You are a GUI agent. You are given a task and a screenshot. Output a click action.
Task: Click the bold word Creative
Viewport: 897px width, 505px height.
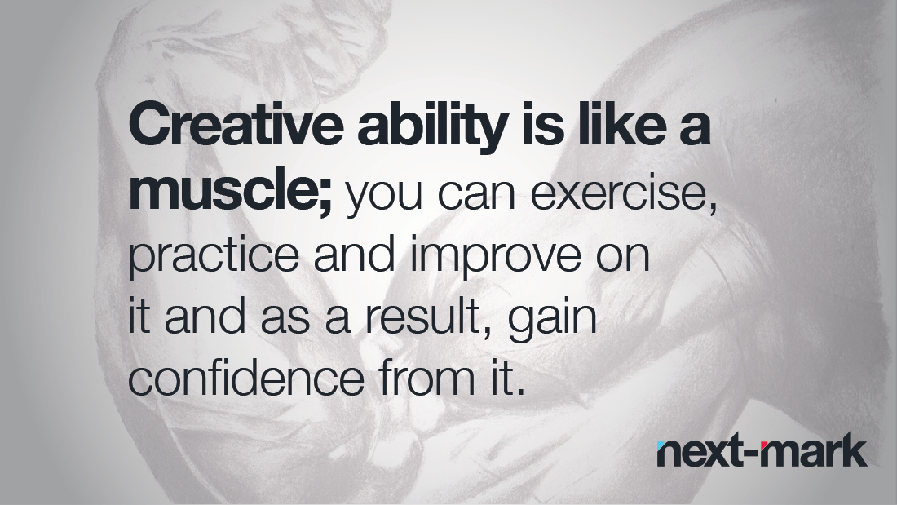(x=235, y=124)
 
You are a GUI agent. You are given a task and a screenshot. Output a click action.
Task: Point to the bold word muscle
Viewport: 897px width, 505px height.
(x=224, y=189)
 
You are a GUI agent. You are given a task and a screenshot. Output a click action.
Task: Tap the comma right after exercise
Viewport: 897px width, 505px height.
(x=712, y=207)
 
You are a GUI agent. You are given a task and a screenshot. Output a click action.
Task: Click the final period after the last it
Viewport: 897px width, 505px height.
(x=519, y=392)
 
